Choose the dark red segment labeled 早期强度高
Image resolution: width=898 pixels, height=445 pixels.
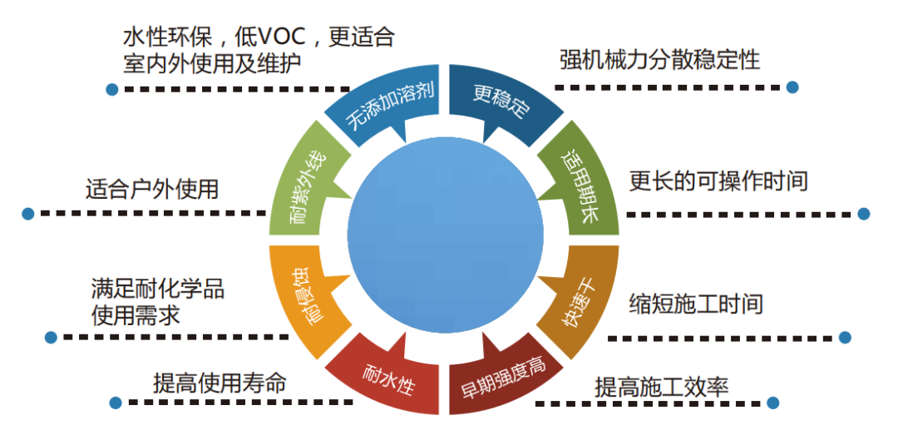(502, 379)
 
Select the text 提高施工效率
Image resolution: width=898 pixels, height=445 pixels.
(661, 388)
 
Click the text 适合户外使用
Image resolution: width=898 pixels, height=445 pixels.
(152, 189)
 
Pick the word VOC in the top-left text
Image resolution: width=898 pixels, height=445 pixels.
(289, 37)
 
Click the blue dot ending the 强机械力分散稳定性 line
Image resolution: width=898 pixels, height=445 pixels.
(792, 87)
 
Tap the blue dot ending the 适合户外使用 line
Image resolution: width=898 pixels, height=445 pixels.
(28, 214)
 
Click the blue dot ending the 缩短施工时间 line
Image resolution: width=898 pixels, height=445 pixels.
(845, 337)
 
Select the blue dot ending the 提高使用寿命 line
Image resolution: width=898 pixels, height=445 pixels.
(115, 403)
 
